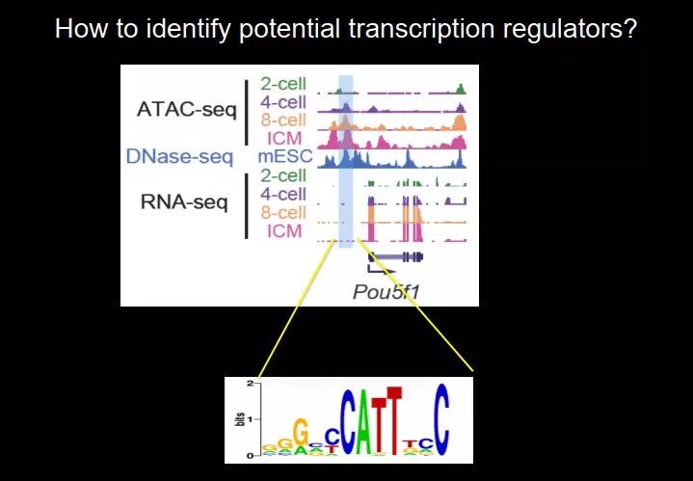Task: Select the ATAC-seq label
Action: pyautogui.click(x=187, y=110)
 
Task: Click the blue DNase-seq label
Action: pyautogui.click(x=179, y=156)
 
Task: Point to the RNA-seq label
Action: pyautogui.click(x=184, y=202)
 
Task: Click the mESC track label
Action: pyautogui.click(x=285, y=156)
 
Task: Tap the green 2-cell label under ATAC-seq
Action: pyautogui.click(x=283, y=84)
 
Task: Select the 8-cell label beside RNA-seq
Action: pyautogui.click(x=283, y=213)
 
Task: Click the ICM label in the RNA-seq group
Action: pyautogui.click(x=284, y=231)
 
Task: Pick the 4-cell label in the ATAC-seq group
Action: pyautogui.click(x=283, y=102)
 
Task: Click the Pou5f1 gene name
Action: pyautogui.click(x=386, y=292)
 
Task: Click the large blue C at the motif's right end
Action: pyautogui.click(x=441, y=419)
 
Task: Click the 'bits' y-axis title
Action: pyautogui.click(x=239, y=419)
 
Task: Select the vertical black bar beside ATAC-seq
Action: pyautogui.click(x=247, y=112)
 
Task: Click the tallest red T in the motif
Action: pyautogui.click(x=394, y=420)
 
